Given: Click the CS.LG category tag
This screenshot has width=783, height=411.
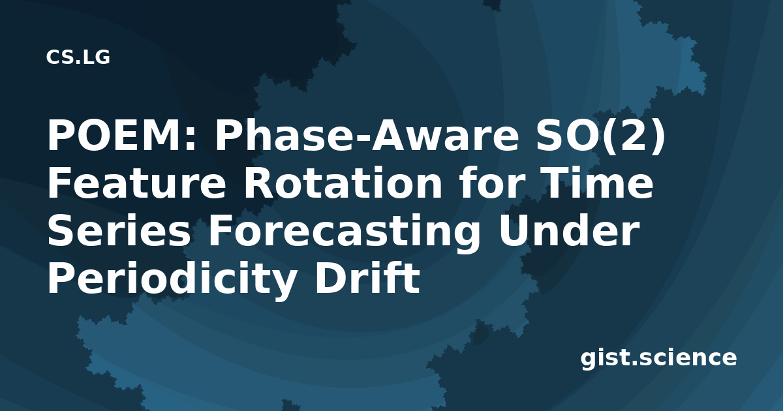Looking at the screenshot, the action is (78, 57).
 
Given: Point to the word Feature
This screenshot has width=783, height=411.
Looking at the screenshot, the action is (136, 183).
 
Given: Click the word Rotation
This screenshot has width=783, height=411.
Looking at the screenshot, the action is (343, 183).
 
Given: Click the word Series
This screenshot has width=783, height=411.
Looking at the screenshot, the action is (119, 231).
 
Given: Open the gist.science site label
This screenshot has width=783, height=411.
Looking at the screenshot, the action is (658, 358).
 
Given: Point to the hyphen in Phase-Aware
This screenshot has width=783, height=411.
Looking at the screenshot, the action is (363, 140).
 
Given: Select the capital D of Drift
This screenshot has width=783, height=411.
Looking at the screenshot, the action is (330, 277).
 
